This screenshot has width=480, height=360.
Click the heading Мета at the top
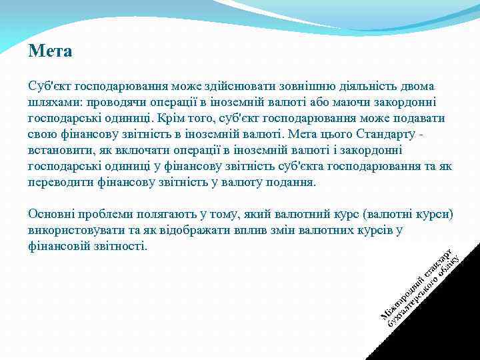pos(50,51)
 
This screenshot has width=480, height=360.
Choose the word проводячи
pos(111,103)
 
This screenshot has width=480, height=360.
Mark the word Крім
pos(185,119)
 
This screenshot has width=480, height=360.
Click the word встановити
pos(56,151)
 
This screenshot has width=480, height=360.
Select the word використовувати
pos(79,231)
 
